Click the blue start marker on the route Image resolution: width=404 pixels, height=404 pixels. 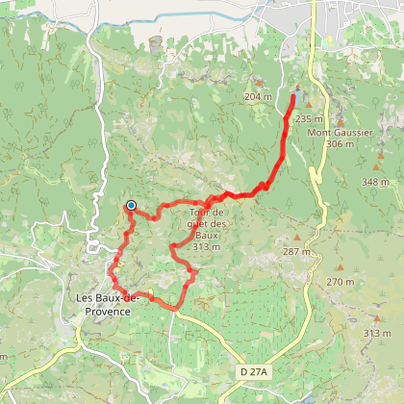click(130, 205)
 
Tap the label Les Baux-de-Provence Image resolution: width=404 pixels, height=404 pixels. click(108, 304)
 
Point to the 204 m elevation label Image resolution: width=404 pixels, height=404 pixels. click(258, 97)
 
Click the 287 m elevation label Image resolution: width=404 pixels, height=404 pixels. click(296, 251)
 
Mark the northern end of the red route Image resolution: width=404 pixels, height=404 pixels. click(293, 96)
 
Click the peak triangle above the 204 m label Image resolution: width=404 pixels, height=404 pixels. click(257, 84)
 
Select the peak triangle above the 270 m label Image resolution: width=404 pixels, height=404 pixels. click(340, 268)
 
